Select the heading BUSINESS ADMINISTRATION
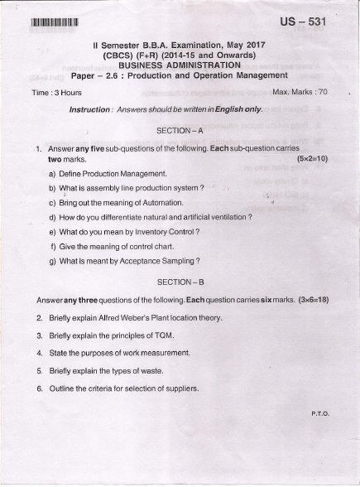(180, 64)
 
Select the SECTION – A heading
(180, 130)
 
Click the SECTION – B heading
(180, 282)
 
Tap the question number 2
(39, 317)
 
